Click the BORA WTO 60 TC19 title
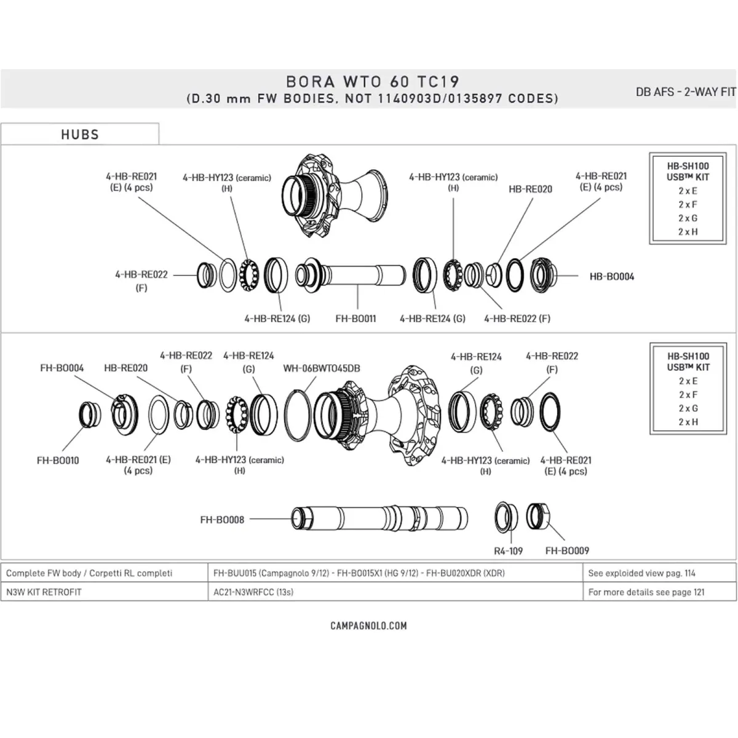[x=373, y=82]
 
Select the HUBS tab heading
[x=80, y=135]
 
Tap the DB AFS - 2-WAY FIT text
[x=686, y=92]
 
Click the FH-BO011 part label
[x=355, y=319]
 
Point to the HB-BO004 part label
[x=611, y=277]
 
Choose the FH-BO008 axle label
[x=222, y=520]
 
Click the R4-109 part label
[x=508, y=551]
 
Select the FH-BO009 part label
[x=567, y=551]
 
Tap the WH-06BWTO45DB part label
[x=322, y=368]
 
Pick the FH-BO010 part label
[x=58, y=460]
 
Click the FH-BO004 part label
[x=61, y=368]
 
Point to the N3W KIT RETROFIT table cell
[x=44, y=592]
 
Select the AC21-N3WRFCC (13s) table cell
[x=253, y=592]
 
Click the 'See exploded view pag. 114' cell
[x=641, y=573]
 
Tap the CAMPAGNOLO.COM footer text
[x=369, y=626]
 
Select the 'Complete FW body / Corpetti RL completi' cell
[x=89, y=573]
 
